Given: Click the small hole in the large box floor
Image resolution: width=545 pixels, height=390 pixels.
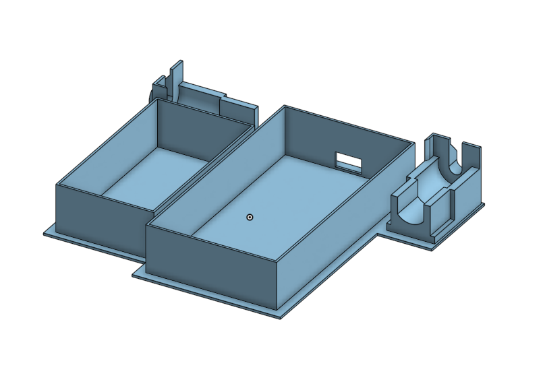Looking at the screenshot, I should coord(250,217).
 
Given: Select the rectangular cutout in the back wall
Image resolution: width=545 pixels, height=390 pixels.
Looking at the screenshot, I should coord(348,161).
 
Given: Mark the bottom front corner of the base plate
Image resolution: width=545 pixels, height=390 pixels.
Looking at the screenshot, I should coord(280,317).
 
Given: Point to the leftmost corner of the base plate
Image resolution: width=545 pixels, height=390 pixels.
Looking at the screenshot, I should coord(45,233).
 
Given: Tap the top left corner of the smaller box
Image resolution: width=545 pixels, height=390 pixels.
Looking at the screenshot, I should coord(57,185).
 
